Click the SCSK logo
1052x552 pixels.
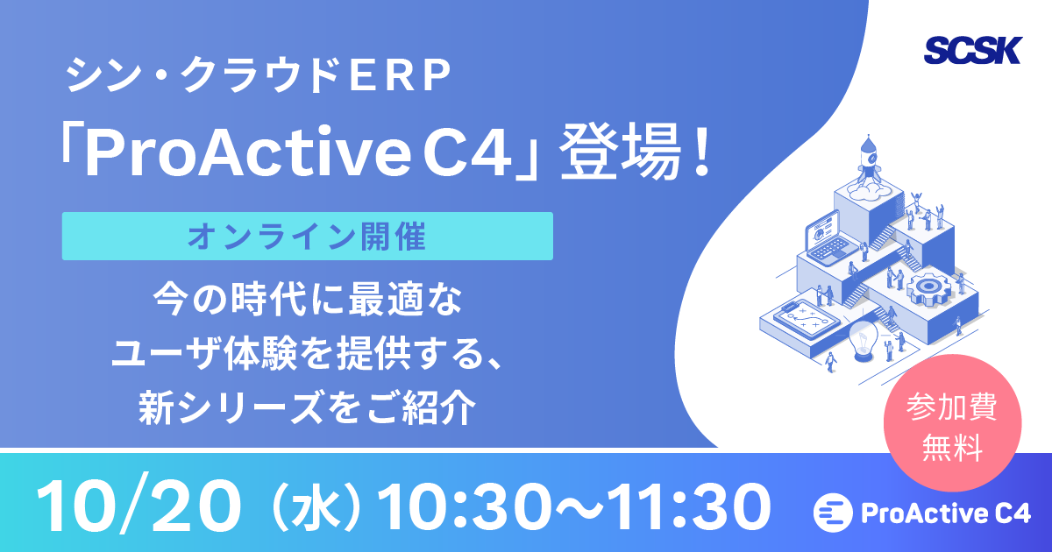pos(972,51)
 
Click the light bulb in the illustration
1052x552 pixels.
pos(865,339)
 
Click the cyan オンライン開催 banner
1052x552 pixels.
pos(307,236)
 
